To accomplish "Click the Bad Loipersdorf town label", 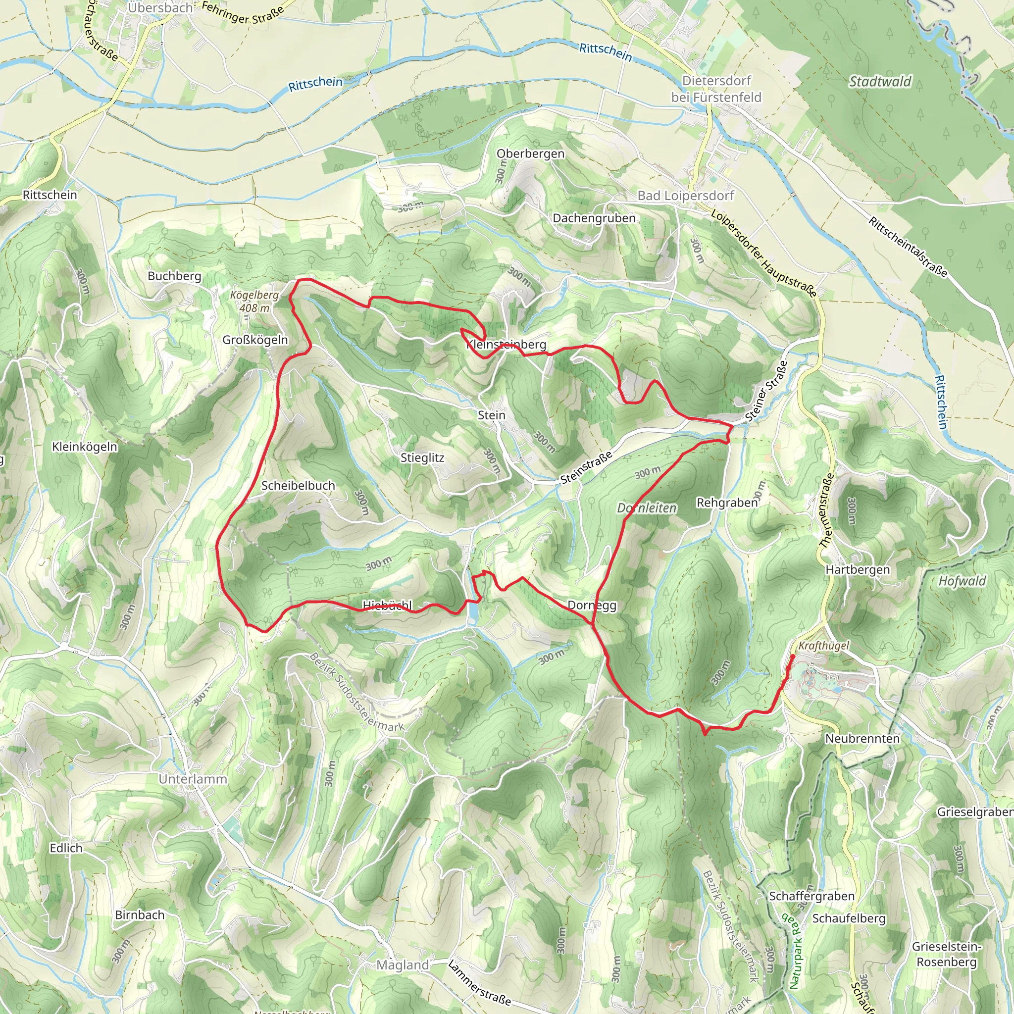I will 685,195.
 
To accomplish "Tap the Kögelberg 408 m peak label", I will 254,301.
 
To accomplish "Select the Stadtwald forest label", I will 880,81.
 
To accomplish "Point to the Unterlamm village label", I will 193,779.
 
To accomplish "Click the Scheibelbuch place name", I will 298,486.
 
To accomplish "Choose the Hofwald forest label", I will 962,580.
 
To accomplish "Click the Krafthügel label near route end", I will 823,646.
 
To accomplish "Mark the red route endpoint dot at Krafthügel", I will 792,656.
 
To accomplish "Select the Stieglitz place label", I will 422,457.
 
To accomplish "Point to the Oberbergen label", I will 531,154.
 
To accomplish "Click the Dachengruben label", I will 594,218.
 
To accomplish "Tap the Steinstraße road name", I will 586,467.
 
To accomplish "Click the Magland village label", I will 403,964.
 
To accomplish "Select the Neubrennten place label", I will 862,738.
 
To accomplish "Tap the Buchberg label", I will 174,276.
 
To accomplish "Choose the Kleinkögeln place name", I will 85,447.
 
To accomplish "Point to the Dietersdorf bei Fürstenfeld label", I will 716,89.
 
